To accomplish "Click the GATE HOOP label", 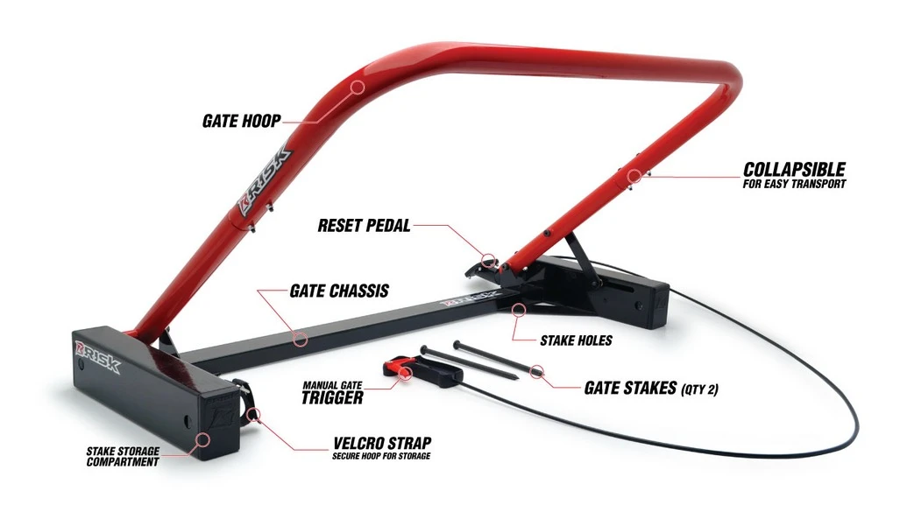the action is click(x=242, y=121).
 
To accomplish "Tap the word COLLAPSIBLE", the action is click(x=794, y=170).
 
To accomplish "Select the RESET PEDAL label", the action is click(x=365, y=225).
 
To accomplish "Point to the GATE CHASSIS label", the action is click(x=339, y=291).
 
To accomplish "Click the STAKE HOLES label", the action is click(x=576, y=341).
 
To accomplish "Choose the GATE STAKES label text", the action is click(x=631, y=388).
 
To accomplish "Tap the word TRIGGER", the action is click(x=332, y=397).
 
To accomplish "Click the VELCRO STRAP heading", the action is click(x=382, y=443).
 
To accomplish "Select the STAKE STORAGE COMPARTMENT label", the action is click(x=123, y=457).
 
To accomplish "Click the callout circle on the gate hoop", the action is click(x=358, y=88).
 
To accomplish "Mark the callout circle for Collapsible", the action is click(x=633, y=176).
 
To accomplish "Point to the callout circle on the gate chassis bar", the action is click(x=301, y=340).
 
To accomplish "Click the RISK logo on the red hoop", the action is click(x=266, y=181).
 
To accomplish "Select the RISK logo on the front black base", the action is click(x=97, y=356).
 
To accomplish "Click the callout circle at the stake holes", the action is click(x=519, y=310).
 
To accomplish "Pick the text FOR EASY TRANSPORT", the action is click(x=794, y=185).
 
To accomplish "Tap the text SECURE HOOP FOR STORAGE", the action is click(x=381, y=456).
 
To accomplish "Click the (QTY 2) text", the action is click(x=699, y=389).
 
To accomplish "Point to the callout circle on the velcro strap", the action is click(x=253, y=414).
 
